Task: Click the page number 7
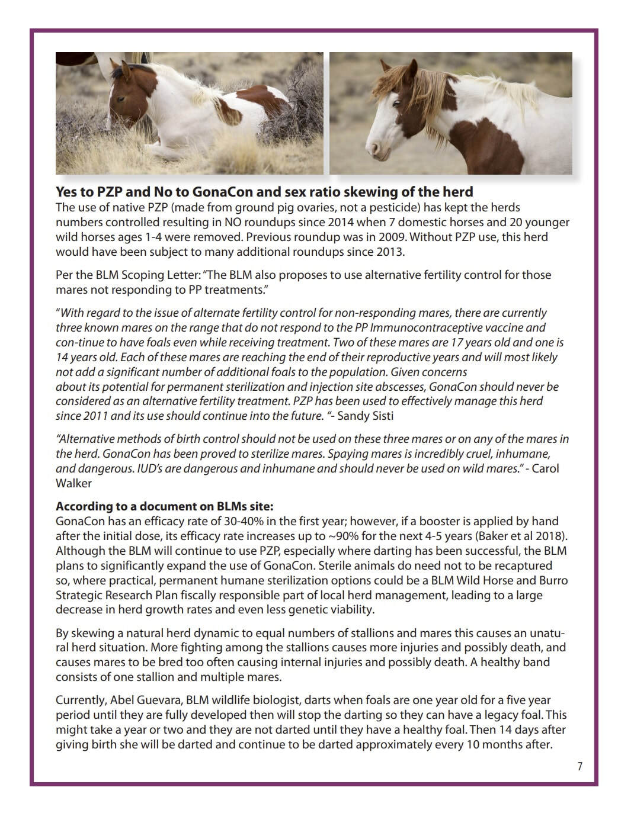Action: coord(579,766)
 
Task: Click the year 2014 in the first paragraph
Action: coord(369,222)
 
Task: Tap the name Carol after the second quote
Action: coord(545,468)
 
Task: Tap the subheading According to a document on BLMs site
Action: coord(164,506)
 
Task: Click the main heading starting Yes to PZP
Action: coord(264,192)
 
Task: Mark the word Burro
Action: coord(552,580)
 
